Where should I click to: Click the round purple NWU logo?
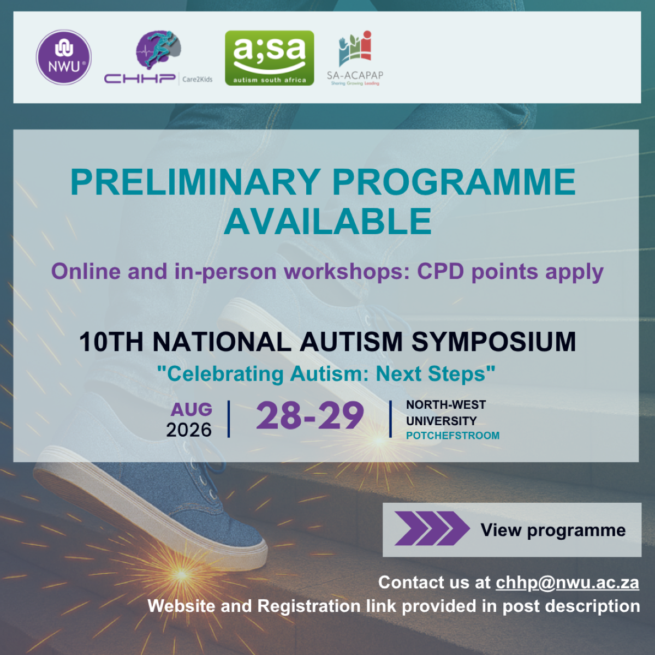coord(63,57)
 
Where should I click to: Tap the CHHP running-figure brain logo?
coord(158,57)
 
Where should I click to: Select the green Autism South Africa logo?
coord(269,58)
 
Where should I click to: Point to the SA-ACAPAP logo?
coord(355,58)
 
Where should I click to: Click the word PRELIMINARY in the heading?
coord(195,182)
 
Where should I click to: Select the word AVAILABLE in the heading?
coord(327,222)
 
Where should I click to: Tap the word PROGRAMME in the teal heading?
coord(454,182)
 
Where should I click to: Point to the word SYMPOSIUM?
coord(493,342)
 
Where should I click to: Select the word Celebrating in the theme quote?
coord(225,374)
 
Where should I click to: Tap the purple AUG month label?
coord(192,409)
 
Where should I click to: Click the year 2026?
coord(189,430)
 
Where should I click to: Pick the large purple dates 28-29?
coord(309,415)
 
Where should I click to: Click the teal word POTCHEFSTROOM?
coord(452,436)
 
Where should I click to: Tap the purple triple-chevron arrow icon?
coord(432,528)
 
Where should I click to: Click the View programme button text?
coord(553,530)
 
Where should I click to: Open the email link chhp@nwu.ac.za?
coord(567,582)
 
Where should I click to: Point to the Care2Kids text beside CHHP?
coord(197,80)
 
